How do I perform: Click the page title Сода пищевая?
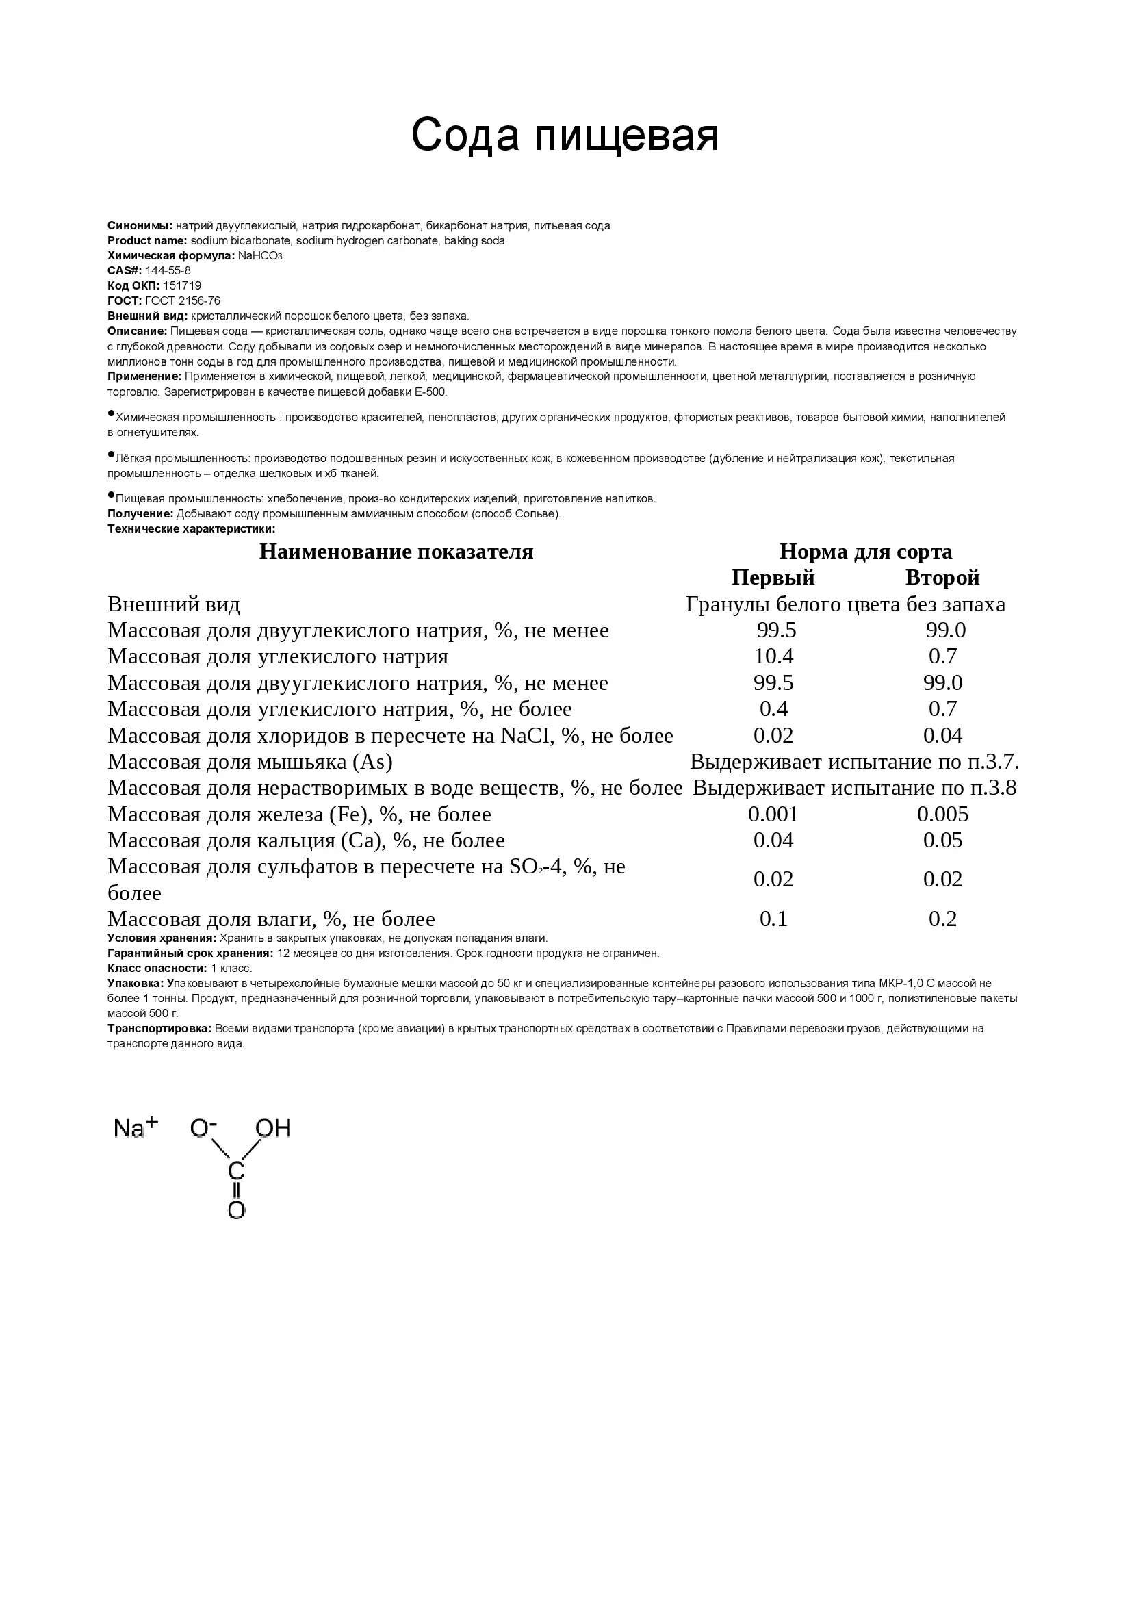565,135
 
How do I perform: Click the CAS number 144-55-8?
167,270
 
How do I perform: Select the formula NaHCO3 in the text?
260,256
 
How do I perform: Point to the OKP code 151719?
182,286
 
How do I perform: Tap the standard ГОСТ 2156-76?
183,301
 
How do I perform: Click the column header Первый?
772,578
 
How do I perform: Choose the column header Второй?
942,578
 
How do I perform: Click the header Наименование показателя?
396,552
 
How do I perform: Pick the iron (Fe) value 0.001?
773,815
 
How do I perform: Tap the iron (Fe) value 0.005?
942,815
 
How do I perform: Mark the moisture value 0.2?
942,919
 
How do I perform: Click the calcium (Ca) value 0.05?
942,841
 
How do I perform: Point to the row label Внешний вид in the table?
174,604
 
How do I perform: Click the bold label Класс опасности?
157,969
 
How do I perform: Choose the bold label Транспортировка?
159,1029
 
